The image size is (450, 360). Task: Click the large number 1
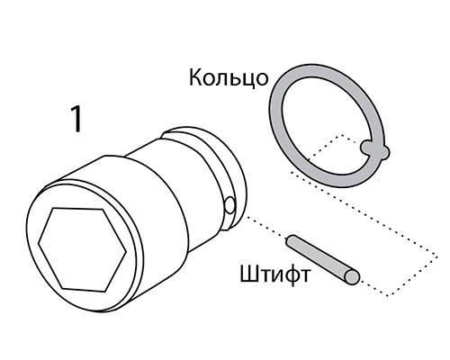coord(76,119)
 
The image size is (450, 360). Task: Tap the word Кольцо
coord(229,77)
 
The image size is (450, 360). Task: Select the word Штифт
coord(275,274)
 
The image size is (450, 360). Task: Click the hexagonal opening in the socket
coord(82,249)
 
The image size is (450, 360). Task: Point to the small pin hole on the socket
coord(229,205)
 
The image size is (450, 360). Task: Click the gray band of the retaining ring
coord(277,126)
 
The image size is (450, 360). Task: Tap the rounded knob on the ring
coord(374,150)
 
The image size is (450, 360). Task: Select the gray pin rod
coord(322,259)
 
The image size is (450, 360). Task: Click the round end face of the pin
coord(352,277)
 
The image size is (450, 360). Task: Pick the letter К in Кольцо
coord(196,77)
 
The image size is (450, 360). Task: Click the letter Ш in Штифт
coord(248,274)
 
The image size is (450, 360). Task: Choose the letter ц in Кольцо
coord(247,80)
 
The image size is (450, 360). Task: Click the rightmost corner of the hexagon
coord(126,251)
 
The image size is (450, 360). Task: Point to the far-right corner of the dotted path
coord(437,257)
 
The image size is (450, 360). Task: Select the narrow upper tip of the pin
coord(291,238)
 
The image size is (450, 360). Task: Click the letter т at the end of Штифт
coord(304,276)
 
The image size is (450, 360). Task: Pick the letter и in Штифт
coord(274,276)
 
